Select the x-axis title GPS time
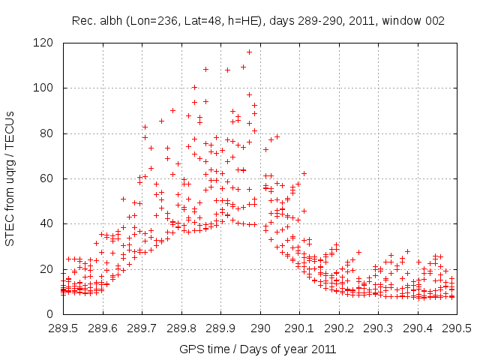pyautogui.click(x=257, y=349)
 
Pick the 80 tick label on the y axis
pyautogui.click(x=46, y=133)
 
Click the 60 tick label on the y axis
pyautogui.click(x=46, y=178)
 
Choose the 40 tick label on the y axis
pyautogui.click(x=46, y=223)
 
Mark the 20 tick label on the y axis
pyautogui.click(x=46, y=268)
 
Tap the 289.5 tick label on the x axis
pyautogui.click(x=63, y=328)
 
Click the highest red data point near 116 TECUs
pyautogui.click(x=249, y=52)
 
